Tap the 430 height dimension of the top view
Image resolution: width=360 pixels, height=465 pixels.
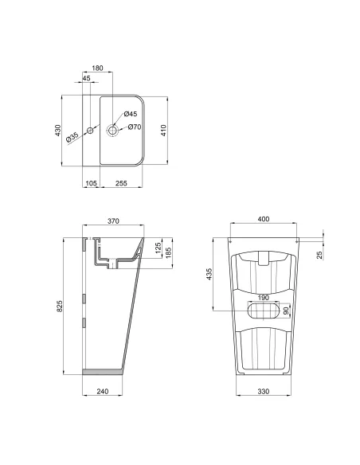pyautogui.click(x=57, y=131)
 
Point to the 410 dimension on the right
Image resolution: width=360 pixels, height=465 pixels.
pyautogui.click(x=163, y=131)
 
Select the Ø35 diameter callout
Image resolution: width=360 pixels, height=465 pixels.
pyautogui.click(x=71, y=137)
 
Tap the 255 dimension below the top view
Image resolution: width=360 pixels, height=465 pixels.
pyautogui.click(x=122, y=183)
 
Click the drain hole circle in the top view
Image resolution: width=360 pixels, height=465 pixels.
pyautogui.click(x=112, y=128)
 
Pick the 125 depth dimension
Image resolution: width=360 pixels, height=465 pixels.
pyautogui.click(x=158, y=250)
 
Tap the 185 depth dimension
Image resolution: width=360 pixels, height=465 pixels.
pyautogui.click(x=168, y=254)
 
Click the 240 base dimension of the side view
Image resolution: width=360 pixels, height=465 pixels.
pyautogui.click(x=103, y=391)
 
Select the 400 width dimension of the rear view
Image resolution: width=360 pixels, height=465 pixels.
pyautogui.click(x=262, y=220)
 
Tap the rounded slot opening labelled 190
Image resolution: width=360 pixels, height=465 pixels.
pyautogui.click(x=262, y=311)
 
